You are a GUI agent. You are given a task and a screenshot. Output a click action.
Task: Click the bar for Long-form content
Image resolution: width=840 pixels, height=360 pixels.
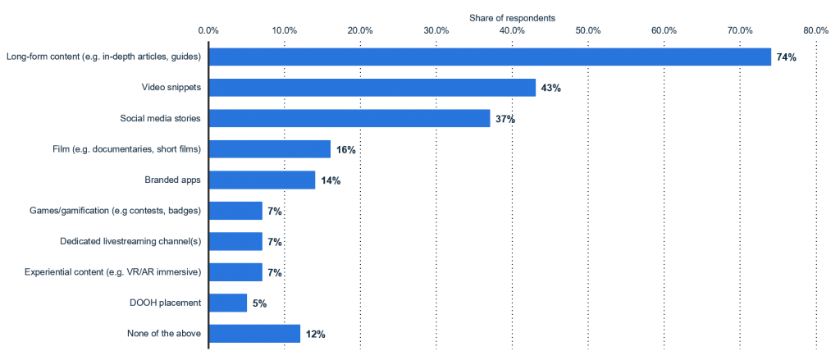click(490, 57)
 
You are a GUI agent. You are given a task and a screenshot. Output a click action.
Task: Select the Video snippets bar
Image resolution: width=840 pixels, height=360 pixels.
click(372, 88)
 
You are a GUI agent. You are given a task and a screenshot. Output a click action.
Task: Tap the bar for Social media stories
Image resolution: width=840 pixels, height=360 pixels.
click(349, 118)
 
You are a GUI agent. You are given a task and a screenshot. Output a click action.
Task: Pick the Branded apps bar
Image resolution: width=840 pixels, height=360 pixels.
click(262, 180)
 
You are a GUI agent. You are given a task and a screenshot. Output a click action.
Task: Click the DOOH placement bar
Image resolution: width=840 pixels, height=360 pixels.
click(228, 303)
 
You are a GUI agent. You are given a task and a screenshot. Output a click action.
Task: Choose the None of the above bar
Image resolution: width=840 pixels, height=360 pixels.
click(255, 334)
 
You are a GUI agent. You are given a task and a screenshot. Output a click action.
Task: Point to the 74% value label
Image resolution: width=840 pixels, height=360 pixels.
click(786, 57)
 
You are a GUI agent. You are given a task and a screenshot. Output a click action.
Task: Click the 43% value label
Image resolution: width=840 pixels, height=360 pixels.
click(550, 88)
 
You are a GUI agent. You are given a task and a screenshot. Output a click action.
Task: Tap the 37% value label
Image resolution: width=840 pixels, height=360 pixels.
click(504, 119)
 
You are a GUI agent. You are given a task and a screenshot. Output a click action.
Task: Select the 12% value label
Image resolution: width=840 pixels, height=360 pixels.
click(315, 335)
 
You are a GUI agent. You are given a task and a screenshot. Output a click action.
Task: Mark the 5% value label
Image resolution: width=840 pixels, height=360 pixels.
click(258, 303)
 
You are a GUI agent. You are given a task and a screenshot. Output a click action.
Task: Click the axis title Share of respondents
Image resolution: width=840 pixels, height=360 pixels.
click(512, 17)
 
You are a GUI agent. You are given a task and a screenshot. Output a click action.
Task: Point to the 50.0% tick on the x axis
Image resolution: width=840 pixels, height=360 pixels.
click(588, 30)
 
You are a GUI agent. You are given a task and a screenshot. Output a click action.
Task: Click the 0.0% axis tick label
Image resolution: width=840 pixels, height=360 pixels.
click(209, 30)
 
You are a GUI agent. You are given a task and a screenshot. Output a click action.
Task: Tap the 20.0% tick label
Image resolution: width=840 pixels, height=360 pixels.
click(361, 30)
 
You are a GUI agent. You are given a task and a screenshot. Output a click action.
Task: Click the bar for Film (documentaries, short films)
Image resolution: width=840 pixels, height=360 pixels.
click(270, 149)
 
